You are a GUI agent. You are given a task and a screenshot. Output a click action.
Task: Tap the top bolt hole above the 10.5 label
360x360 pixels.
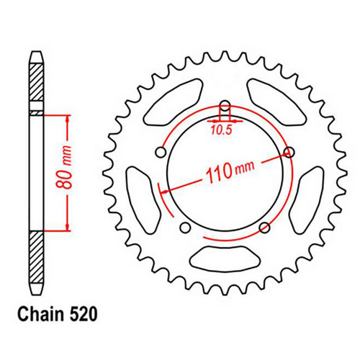coord(223,104)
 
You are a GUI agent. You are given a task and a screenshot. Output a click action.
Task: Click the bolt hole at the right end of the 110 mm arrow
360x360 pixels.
coord(289,152)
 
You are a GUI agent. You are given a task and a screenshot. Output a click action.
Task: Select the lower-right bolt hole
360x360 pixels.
coord(264,228)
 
